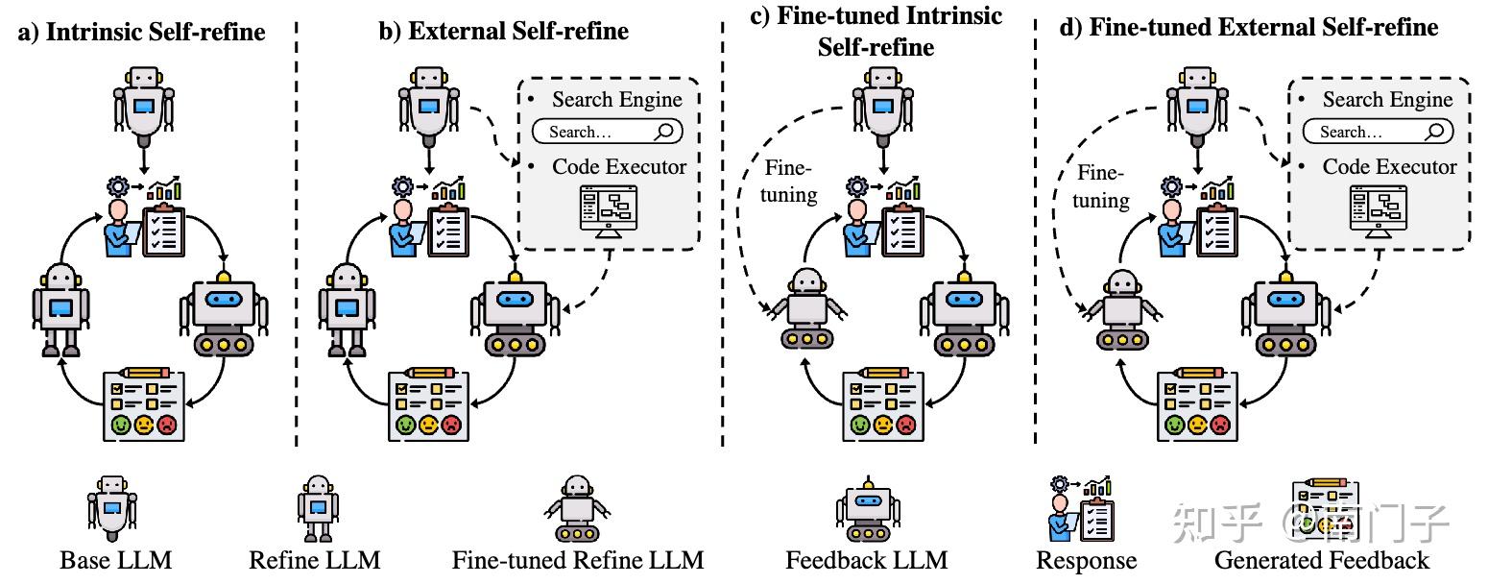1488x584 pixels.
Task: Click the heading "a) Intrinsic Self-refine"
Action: pyautogui.click(x=141, y=32)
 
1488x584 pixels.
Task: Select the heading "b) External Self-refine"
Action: pyautogui.click(x=504, y=31)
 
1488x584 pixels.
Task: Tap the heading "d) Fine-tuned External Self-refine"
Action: pyautogui.click(x=1248, y=27)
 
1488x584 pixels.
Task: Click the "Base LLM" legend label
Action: pyautogui.click(x=116, y=560)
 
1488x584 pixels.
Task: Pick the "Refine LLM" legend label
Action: pyautogui.click(x=315, y=560)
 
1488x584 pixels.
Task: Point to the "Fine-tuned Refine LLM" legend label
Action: pyautogui.click(x=578, y=560)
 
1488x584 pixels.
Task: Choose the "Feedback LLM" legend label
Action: pyautogui.click(x=867, y=560)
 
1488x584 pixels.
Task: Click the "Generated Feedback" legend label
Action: pyautogui.click(x=1322, y=560)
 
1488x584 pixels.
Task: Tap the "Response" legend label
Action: pyautogui.click(x=1086, y=560)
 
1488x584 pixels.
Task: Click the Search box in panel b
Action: pyautogui.click(x=607, y=132)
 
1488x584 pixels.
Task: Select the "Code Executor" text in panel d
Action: pyautogui.click(x=1389, y=167)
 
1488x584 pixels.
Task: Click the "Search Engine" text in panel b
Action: pyautogui.click(x=617, y=100)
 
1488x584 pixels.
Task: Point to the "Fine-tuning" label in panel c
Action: pyautogui.click(x=790, y=182)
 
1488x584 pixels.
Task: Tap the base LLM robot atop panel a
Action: pyautogui.click(x=144, y=101)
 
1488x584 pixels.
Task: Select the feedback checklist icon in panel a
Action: pyautogui.click(x=141, y=403)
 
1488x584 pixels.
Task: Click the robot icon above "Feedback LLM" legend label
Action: pyautogui.click(x=868, y=509)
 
